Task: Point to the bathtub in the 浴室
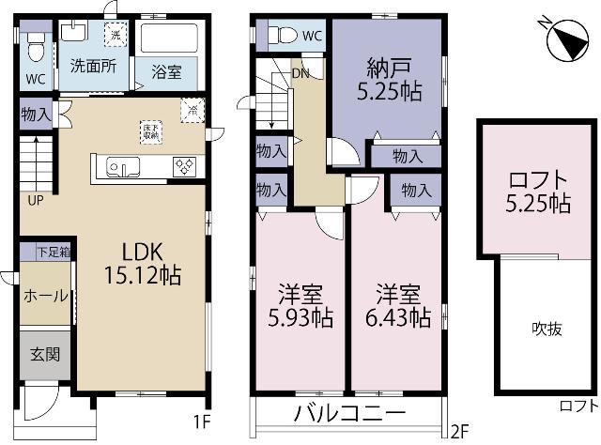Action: (169, 40)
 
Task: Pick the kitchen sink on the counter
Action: (123, 167)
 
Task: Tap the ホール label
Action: (45, 296)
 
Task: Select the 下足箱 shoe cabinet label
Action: (54, 252)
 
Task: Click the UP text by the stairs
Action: (34, 200)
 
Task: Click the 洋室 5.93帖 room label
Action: (299, 304)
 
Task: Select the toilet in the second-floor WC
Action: (283, 36)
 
